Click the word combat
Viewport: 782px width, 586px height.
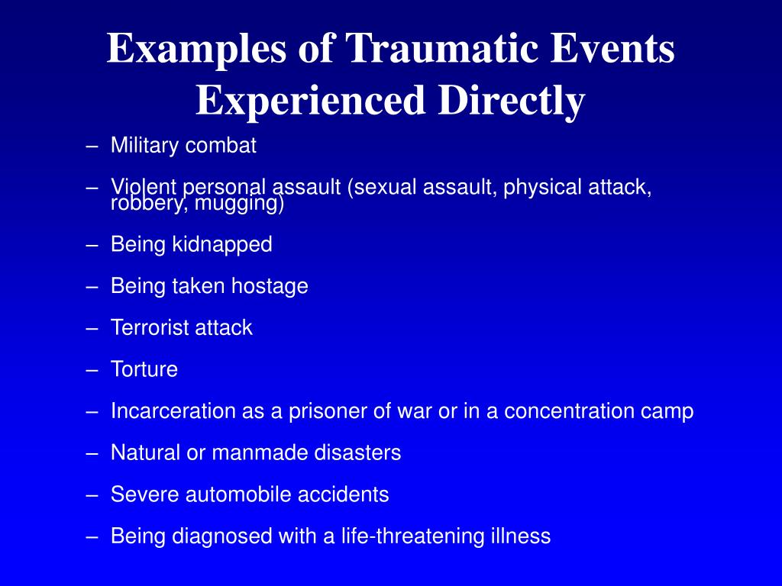[x=221, y=146]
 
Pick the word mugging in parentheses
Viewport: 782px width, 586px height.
[x=239, y=203]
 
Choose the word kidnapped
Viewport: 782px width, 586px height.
[x=222, y=245]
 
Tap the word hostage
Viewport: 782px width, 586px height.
[x=270, y=287]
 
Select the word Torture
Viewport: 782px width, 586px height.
[x=144, y=370]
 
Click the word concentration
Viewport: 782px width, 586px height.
[x=568, y=411]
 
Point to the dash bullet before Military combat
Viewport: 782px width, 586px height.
[x=92, y=146]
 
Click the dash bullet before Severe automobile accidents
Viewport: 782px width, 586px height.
[x=92, y=495]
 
